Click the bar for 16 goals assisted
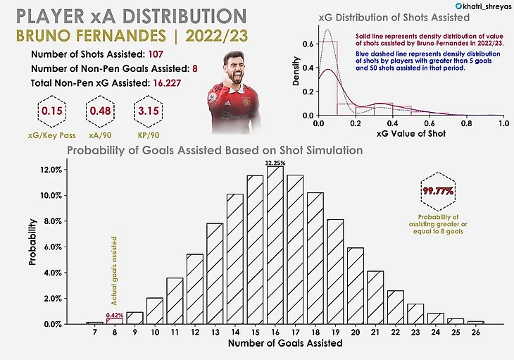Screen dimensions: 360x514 coord(275,245)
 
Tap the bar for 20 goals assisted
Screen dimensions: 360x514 coord(356,286)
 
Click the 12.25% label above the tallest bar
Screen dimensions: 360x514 coord(275,163)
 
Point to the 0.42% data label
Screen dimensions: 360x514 coord(114,315)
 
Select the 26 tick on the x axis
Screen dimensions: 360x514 coord(476,333)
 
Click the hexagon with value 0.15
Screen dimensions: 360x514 coord(49,111)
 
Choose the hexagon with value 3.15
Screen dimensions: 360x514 coord(149,111)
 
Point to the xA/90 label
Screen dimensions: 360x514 coord(99,132)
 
